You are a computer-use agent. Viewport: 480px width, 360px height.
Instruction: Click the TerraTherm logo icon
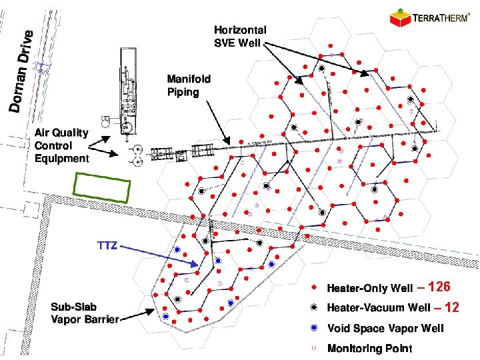pos(399,16)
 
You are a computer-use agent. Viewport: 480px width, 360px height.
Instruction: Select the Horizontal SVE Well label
pos(240,36)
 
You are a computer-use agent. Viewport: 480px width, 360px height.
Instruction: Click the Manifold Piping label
pos(189,85)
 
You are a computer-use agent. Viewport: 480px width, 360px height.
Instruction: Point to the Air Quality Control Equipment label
pos(61,145)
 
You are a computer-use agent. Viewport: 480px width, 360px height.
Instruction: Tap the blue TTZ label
pos(107,245)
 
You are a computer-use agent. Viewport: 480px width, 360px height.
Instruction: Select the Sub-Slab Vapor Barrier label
pos(84,313)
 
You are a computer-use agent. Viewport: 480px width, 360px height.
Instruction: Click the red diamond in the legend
pos(314,289)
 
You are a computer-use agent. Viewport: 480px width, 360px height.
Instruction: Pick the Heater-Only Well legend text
pos(369,289)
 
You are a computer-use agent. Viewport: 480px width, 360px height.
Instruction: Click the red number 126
pos(441,287)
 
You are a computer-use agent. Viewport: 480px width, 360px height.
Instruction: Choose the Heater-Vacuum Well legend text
pos(378,308)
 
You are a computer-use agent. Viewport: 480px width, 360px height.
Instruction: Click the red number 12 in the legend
pos(453,307)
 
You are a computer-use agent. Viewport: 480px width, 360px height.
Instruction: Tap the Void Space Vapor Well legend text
pos(385,328)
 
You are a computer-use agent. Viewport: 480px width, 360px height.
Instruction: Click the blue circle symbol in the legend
pos(314,328)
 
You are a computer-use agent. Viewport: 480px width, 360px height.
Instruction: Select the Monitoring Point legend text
pos(369,348)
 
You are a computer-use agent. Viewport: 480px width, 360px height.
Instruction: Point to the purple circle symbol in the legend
pos(314,348)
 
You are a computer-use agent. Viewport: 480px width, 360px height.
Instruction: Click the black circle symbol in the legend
pos(314,308)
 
